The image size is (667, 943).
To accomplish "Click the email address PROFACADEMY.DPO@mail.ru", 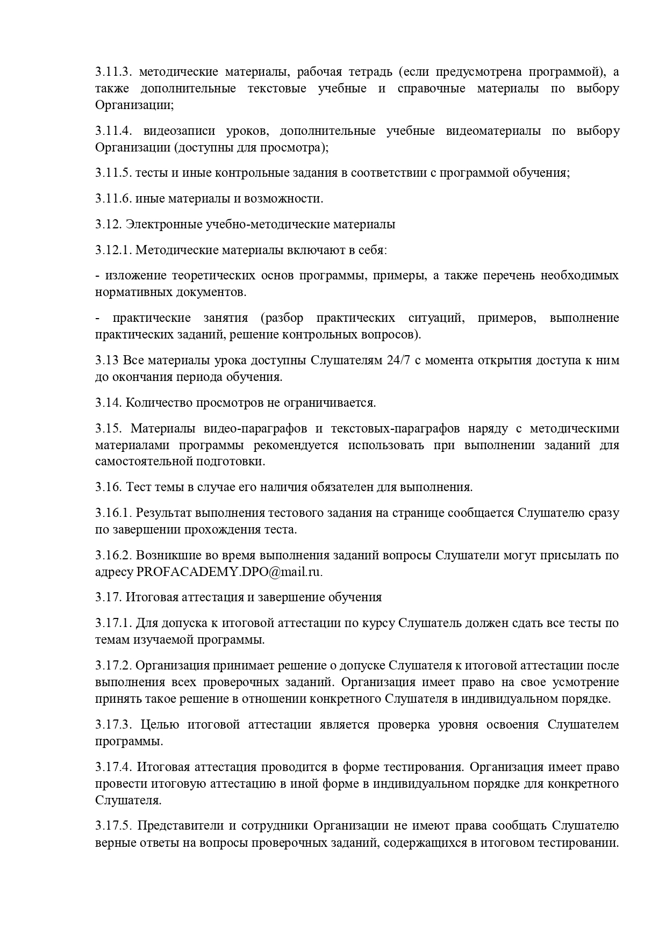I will pyautogui.click(x=229, y=572).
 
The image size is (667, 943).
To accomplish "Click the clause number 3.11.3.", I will pyautogui.click(x=113, y=71).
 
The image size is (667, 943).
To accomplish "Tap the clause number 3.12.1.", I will pyautogui.click(x=113, y=250).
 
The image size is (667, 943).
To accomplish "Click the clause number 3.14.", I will pyautogui.click(x=109, y=402).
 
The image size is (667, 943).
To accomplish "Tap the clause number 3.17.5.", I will pyautogui.click(x=113, y=825).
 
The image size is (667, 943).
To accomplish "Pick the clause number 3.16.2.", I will pyautogui.click(x=113, y=555).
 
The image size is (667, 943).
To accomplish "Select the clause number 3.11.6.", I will pyautogui.click(x=113, y=198).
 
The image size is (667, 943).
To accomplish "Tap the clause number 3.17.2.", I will pyautogui.click(x=113, y=665).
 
